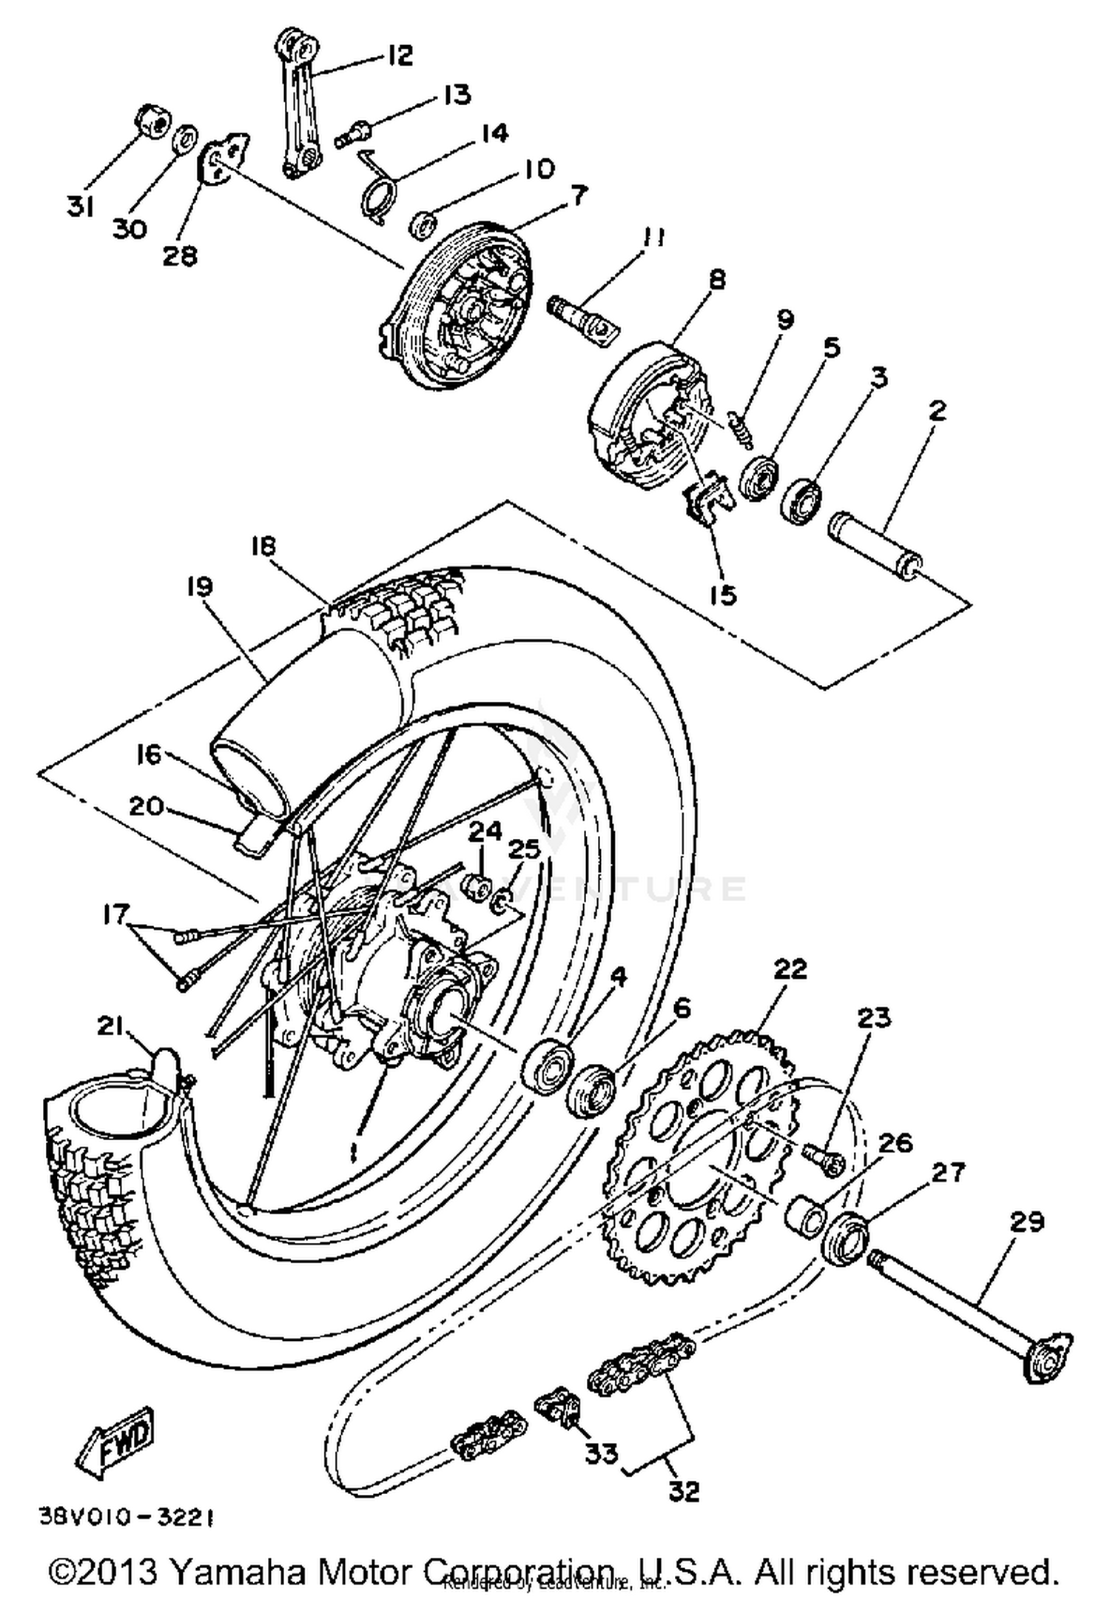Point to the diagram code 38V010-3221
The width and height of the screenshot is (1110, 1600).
(127, 1519)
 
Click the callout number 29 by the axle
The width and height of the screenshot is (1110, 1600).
(1026, 1222)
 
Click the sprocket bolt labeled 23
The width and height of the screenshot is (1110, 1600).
(824, 1157)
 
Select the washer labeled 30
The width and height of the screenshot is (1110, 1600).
(186, 139)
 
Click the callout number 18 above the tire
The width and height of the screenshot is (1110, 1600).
(263, 546)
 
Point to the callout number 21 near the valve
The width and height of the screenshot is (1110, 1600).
(111, 1026)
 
